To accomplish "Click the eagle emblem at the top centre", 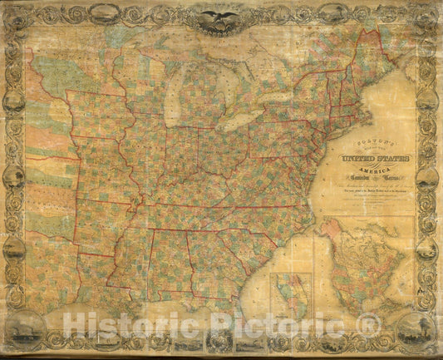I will tap(221, 18).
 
